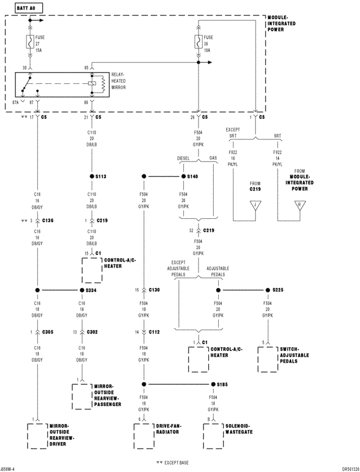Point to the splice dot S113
(91, 176)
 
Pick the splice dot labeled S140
(182, 176)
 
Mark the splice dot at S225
(268, 290)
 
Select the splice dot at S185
(213, 384)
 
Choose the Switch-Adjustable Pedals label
(294, 356)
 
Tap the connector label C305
(47, 332)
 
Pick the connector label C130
(155, 290)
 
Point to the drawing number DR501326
(345, 468)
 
